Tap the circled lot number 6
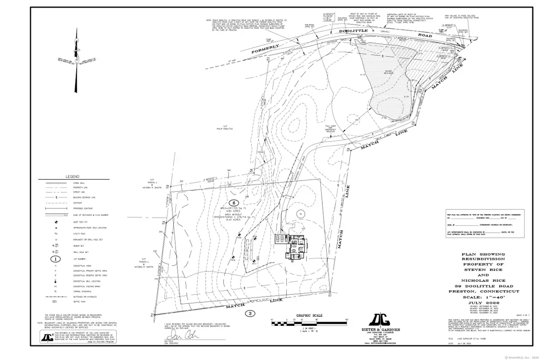point(234,202)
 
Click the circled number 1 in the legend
point(55,259)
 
